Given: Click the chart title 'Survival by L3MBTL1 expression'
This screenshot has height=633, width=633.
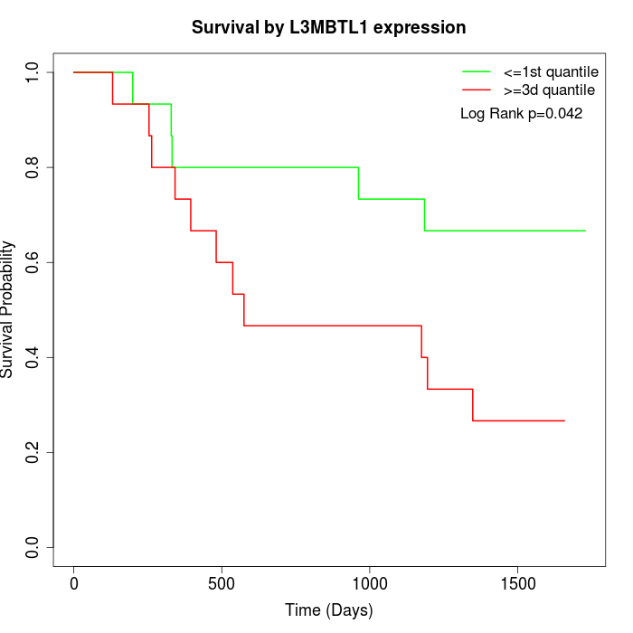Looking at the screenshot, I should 328,27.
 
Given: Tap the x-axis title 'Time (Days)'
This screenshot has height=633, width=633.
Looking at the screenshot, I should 328,610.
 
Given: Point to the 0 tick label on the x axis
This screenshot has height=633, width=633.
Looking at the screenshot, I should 74,584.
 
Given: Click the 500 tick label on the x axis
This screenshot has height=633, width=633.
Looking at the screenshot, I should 222,584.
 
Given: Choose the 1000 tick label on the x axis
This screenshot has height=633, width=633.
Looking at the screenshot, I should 370,584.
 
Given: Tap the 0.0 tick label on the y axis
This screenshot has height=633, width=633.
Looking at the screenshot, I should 33,547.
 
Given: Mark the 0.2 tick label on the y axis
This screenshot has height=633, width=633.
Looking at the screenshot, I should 33,452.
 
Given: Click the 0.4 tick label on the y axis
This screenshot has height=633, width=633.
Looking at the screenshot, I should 33,357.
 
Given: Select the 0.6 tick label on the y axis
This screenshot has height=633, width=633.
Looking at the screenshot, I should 33,262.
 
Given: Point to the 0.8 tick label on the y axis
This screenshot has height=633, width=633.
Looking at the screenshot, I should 33,167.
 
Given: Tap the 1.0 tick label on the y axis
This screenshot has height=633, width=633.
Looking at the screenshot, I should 33,72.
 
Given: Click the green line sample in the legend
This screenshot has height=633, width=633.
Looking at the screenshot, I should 476,71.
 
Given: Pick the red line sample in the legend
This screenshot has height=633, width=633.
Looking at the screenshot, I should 476,90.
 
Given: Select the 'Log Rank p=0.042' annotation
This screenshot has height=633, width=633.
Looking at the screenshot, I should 521,114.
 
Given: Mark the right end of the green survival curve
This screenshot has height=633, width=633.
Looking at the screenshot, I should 585,231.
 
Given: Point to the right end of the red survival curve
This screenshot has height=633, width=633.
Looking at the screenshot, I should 564,420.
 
